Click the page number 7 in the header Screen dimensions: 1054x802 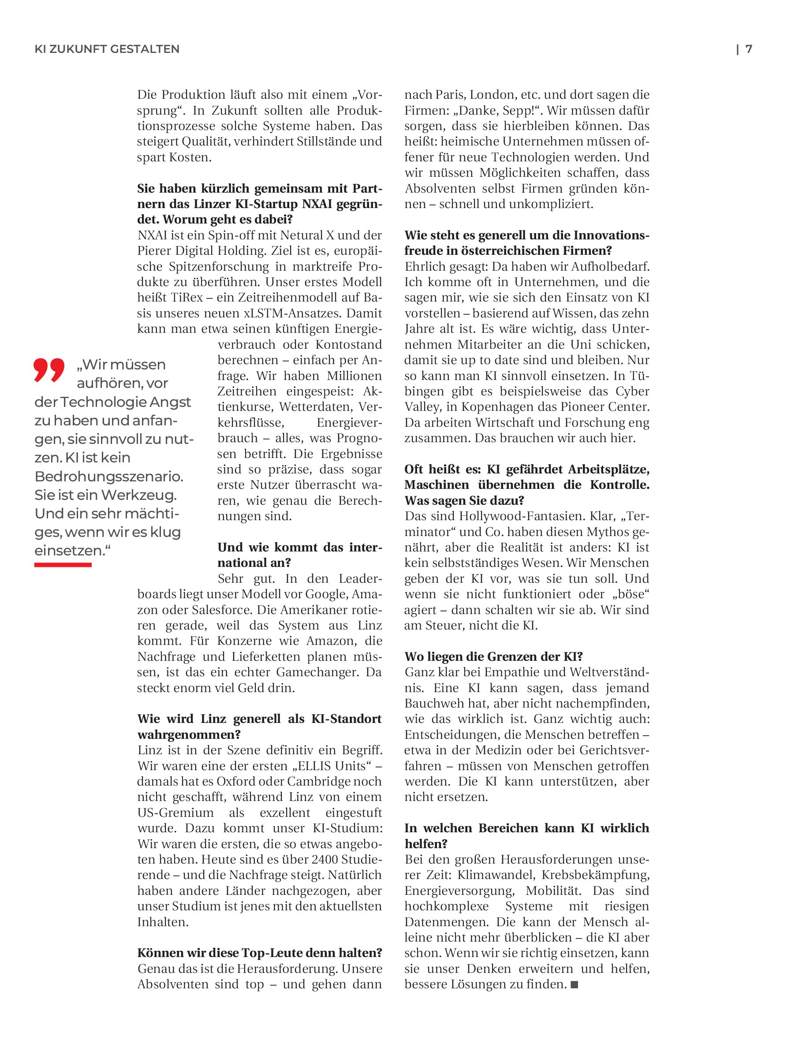(749, 49)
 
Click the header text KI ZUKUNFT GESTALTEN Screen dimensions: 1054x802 (107, 49)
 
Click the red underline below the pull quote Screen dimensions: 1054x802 (63, 565)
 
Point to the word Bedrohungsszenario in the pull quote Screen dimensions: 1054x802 (108, 477)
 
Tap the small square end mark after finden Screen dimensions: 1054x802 (574, 984)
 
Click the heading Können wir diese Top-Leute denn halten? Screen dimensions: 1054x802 (260, 953)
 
